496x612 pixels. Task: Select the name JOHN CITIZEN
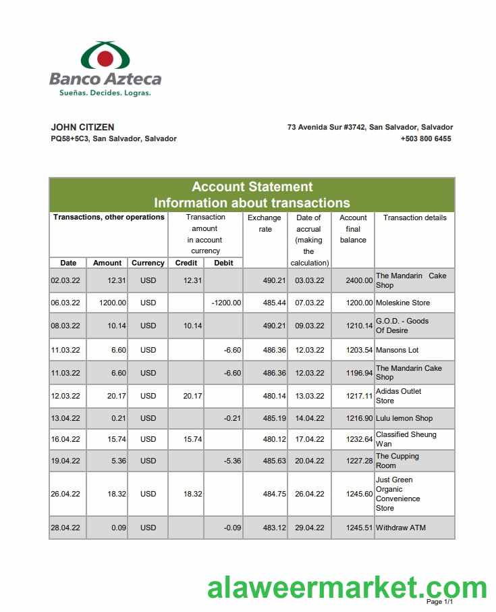click(x=82, y=127)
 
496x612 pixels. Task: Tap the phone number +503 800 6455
click(x=426, y=138)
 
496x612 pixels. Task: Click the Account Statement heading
click(x=252, y=186)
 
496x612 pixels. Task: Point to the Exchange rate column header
click(x=264, y=224)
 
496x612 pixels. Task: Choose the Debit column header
click(x=223, y=263)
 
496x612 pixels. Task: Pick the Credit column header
click(x=186, y=263)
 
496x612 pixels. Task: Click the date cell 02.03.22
click(x=65, y=280)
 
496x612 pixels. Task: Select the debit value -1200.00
click(x=226, y=303)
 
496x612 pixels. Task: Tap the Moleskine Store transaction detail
click(x=403, y=303)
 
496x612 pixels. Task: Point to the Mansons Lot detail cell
click(x=397, y=350)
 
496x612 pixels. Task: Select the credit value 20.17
click(x=192, y=396)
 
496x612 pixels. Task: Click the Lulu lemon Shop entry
click(x=404, y=418)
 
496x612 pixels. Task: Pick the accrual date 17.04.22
click(x=310, y=439)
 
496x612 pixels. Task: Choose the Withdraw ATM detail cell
click(x=401, y=528)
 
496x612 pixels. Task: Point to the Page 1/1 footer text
click(x=439, y=602)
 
